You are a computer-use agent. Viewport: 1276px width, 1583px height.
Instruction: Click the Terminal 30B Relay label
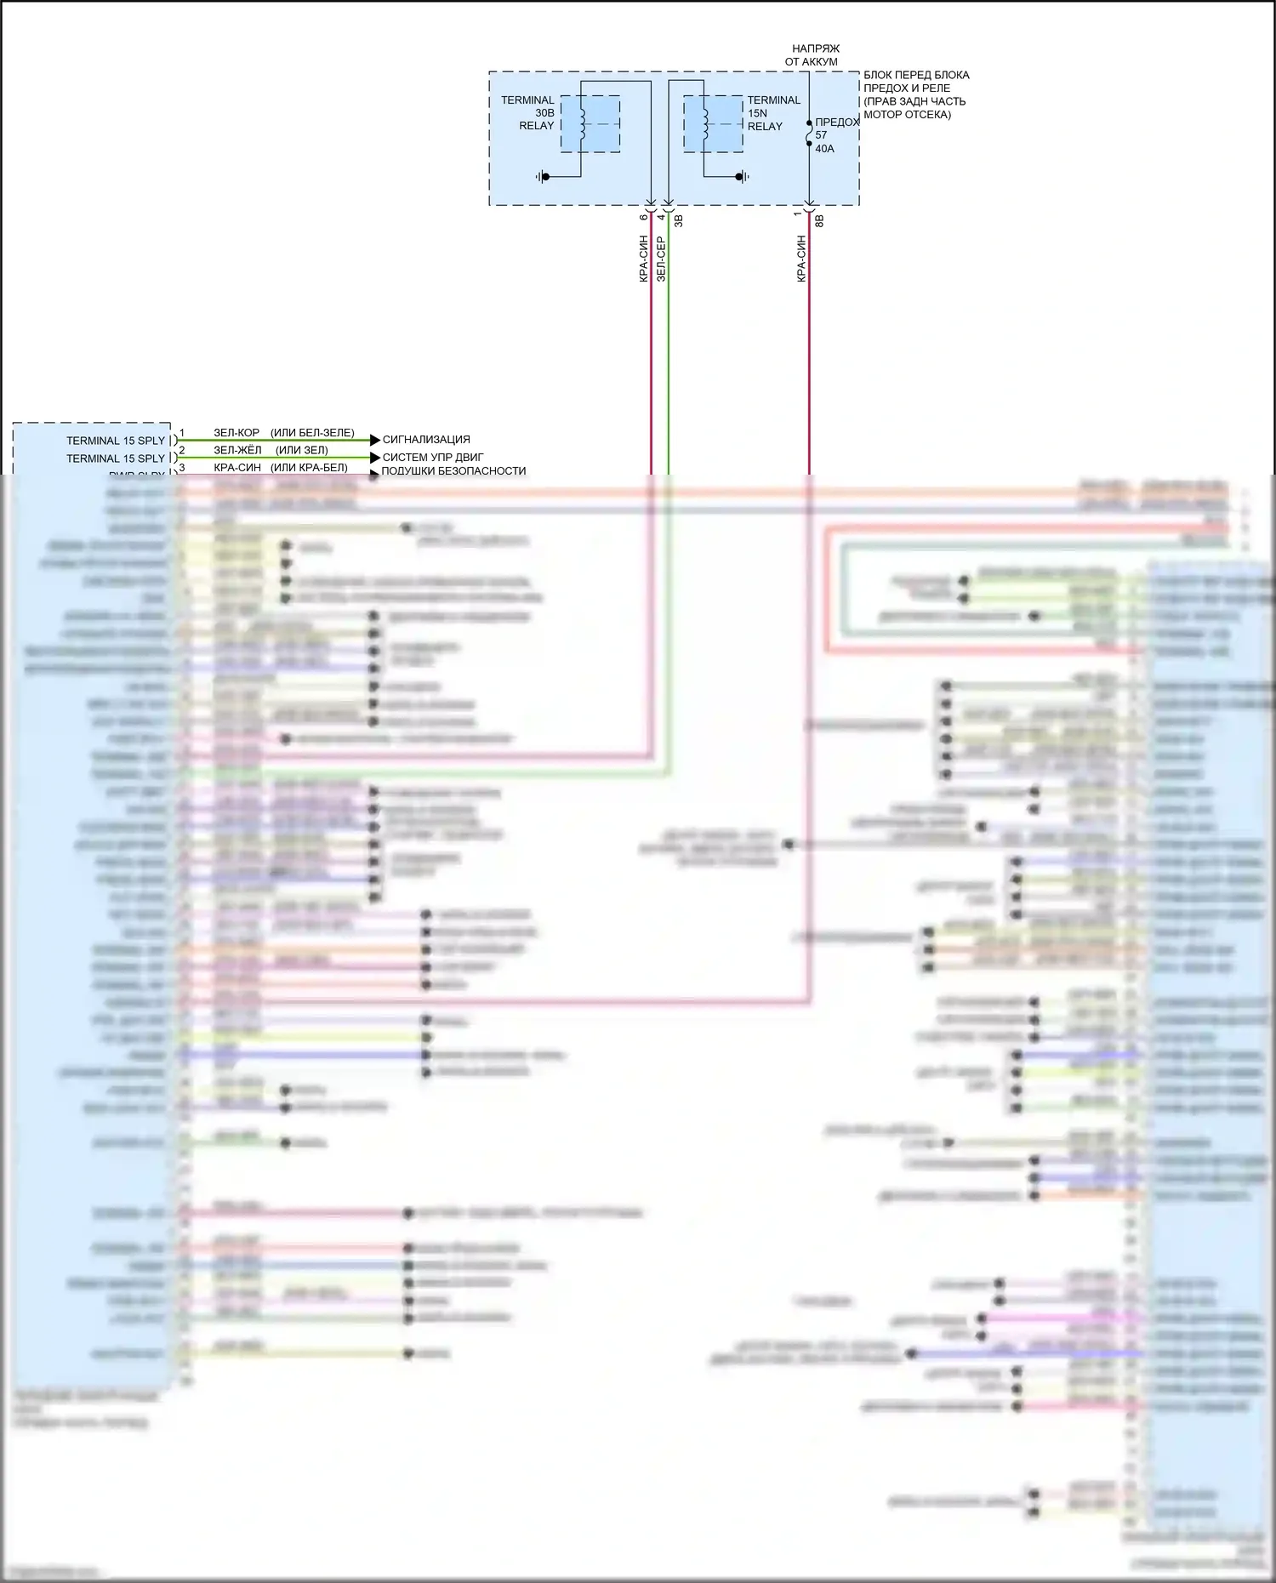(x=527, y=112)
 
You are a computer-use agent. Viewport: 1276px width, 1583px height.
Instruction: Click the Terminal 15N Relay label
(x=773, y=112)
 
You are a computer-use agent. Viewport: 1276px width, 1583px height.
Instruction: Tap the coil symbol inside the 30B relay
(x=583, y=122)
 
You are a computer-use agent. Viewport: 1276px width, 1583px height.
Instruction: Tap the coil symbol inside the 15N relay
(x=705, y=122)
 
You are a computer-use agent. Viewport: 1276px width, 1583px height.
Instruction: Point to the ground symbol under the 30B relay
(x=543, y=177)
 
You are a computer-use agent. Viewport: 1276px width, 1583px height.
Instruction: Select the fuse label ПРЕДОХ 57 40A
(x=835, y=135)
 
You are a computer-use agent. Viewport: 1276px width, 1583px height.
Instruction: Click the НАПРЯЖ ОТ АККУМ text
(x=813, y=55)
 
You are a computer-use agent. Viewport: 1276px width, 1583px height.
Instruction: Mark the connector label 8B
(x=820, y=220)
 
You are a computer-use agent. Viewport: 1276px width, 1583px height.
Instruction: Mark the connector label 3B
(x=679, y=220)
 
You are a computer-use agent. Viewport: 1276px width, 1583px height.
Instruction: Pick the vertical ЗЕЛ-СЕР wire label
(x=661, y=259)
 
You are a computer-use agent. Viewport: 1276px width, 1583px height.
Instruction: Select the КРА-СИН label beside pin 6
(x=644, y=259)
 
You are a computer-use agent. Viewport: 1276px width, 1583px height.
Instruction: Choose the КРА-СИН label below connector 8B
(x=800, y=259)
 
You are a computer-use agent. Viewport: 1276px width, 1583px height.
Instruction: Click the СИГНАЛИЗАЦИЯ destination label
(x=426, y=440)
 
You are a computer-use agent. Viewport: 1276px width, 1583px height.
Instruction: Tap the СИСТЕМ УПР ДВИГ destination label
(x=432, y=457)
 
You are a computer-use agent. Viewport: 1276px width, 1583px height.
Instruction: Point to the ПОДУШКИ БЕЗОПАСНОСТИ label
(x=453, y=470)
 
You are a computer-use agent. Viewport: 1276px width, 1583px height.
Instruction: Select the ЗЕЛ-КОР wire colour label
(x=236, y=433)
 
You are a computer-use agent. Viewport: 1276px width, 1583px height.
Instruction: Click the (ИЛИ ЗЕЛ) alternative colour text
(x=302, y=450)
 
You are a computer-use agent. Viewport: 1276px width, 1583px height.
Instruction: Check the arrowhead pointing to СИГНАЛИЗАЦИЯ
(x=375, y=440)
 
